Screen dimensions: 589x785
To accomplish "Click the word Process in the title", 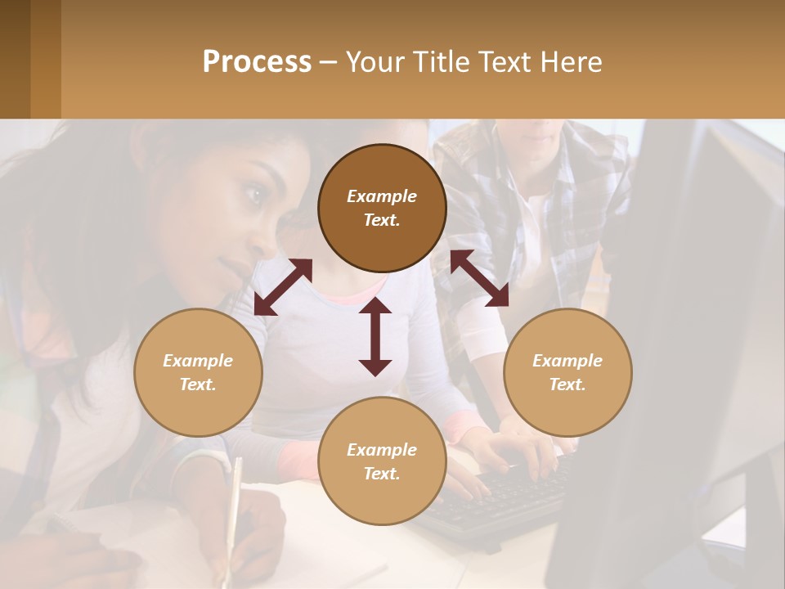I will point(257,62).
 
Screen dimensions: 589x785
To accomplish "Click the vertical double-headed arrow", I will point(375,336).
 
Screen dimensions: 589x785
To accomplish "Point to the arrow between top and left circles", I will point(283,286).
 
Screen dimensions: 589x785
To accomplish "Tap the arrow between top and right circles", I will point(479,278).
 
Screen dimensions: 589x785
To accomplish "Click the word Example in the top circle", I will point(382,196).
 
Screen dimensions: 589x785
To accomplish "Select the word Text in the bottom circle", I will point(380,474).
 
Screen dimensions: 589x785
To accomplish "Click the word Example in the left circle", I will point(198,361).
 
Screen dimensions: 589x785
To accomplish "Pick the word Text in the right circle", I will point(566,384).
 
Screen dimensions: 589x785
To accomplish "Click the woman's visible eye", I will point(254,195).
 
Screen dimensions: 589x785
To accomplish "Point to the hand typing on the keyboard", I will point(523,446).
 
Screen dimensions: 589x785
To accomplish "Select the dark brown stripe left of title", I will point(15,59).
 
